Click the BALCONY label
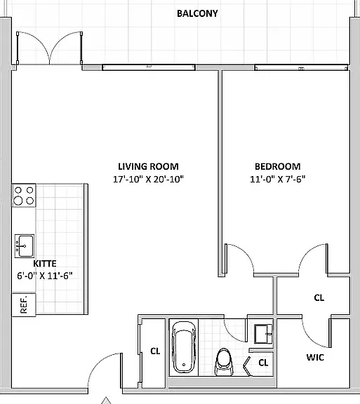point(197,13)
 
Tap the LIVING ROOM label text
point(148,166)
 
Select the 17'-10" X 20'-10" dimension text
point(148,179)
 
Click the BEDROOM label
point(278,166)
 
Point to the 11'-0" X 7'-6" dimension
point(278,179)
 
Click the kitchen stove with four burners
point(24,195)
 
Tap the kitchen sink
point(25,246)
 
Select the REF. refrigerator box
point(24,305)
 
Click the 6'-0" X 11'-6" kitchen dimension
point(45,276)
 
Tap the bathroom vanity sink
point(263,334)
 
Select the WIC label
point(315,358)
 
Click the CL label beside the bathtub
point(155,351)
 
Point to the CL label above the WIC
point(319,298)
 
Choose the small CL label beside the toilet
point(263,363)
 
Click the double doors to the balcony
point(49,48)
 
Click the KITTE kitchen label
point(45,264)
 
